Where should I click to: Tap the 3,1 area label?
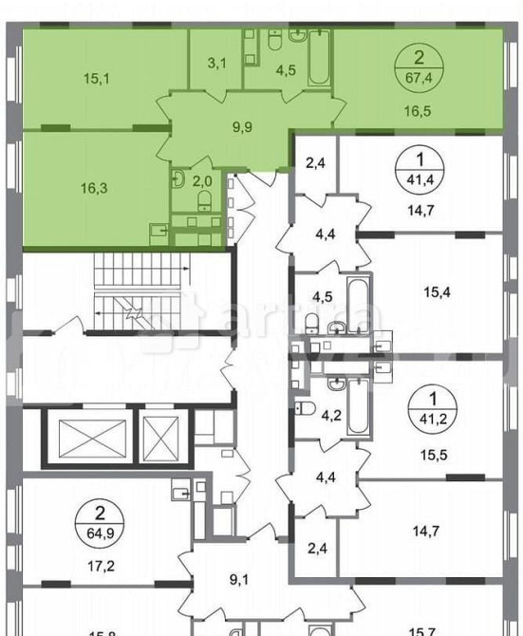pyautogui.click(x=215, y=65)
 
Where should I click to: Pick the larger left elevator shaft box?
pyautogui.click(x=86, y=437)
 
